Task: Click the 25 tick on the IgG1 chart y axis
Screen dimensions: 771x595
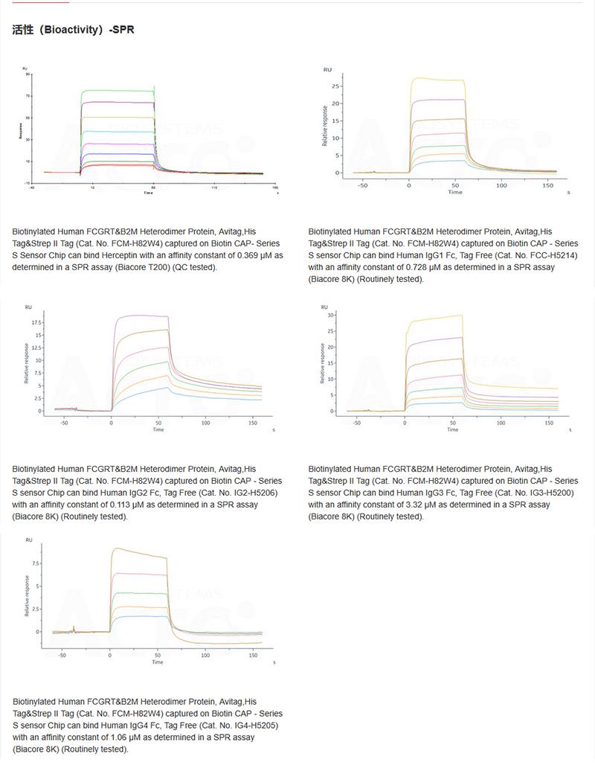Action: click(x=336, y=84)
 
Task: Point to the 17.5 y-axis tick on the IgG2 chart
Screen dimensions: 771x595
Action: click(x=36, y=323)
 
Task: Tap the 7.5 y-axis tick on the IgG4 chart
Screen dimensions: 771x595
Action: click(x=37, y=563)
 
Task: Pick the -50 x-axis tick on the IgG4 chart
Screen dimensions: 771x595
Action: click(x=62, y=656)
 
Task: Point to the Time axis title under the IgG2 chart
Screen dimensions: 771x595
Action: click(x=158, y=429)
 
